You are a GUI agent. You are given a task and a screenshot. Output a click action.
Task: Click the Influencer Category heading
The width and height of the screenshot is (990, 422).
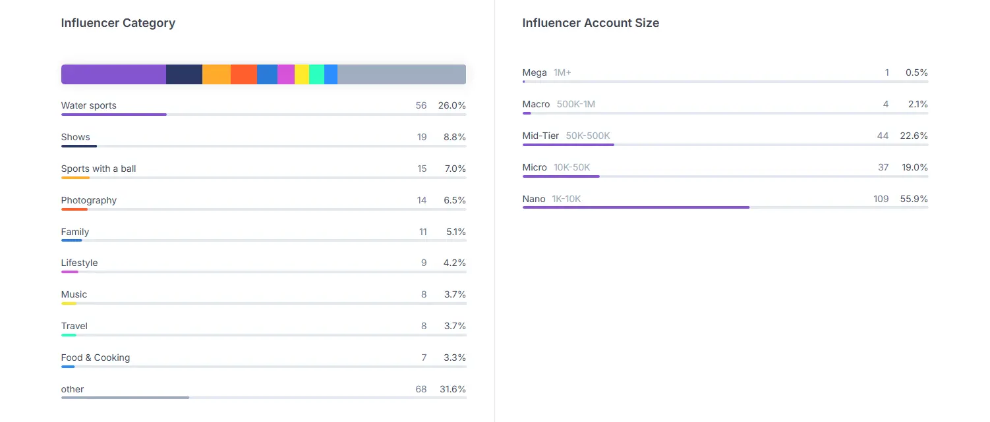click(118, 23)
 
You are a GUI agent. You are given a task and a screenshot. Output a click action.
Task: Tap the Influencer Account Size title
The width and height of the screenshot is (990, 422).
click(591, 23)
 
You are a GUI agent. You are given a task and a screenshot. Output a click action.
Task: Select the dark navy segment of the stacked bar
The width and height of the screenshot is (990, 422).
click(185, 74)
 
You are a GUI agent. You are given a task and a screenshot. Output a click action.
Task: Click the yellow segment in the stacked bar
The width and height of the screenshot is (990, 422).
click(302, 74)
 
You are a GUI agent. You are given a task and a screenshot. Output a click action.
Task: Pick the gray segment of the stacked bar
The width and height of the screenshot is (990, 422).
click(402, 74)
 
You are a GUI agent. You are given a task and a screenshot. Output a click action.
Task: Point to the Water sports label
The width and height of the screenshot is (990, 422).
click(89, 105)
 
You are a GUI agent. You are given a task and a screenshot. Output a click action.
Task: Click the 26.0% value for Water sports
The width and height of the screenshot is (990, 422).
click(451, 105)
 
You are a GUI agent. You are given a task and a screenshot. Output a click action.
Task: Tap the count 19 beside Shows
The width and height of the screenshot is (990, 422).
click(422, 138)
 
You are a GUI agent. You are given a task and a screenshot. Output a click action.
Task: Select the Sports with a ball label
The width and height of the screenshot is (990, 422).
click(99, 169)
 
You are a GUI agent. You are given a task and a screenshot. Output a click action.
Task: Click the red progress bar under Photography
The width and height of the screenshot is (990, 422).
click(74, 209)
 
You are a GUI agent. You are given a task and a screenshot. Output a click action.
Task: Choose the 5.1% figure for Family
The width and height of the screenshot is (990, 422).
click(456, 232)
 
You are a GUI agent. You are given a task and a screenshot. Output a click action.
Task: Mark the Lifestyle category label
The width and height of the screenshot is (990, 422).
click(80, 263)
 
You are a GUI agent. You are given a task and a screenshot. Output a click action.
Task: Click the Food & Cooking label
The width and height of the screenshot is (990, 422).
click(96, 357)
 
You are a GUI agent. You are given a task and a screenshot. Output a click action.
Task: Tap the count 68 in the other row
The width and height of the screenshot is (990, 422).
click(421, 389)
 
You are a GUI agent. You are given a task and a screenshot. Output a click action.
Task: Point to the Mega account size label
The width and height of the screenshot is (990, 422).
click(535, 72)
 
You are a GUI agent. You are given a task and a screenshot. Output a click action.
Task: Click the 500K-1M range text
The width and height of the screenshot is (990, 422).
click(576, 104)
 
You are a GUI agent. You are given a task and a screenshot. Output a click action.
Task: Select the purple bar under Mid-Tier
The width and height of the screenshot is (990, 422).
click(568, 145)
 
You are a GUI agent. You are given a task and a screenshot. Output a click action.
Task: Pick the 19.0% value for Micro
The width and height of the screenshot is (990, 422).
click(914, 167)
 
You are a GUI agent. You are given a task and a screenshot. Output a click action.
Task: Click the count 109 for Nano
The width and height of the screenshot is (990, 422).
click(881, 199)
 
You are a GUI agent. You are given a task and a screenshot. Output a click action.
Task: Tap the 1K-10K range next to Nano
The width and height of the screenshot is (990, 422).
click(566, 199)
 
